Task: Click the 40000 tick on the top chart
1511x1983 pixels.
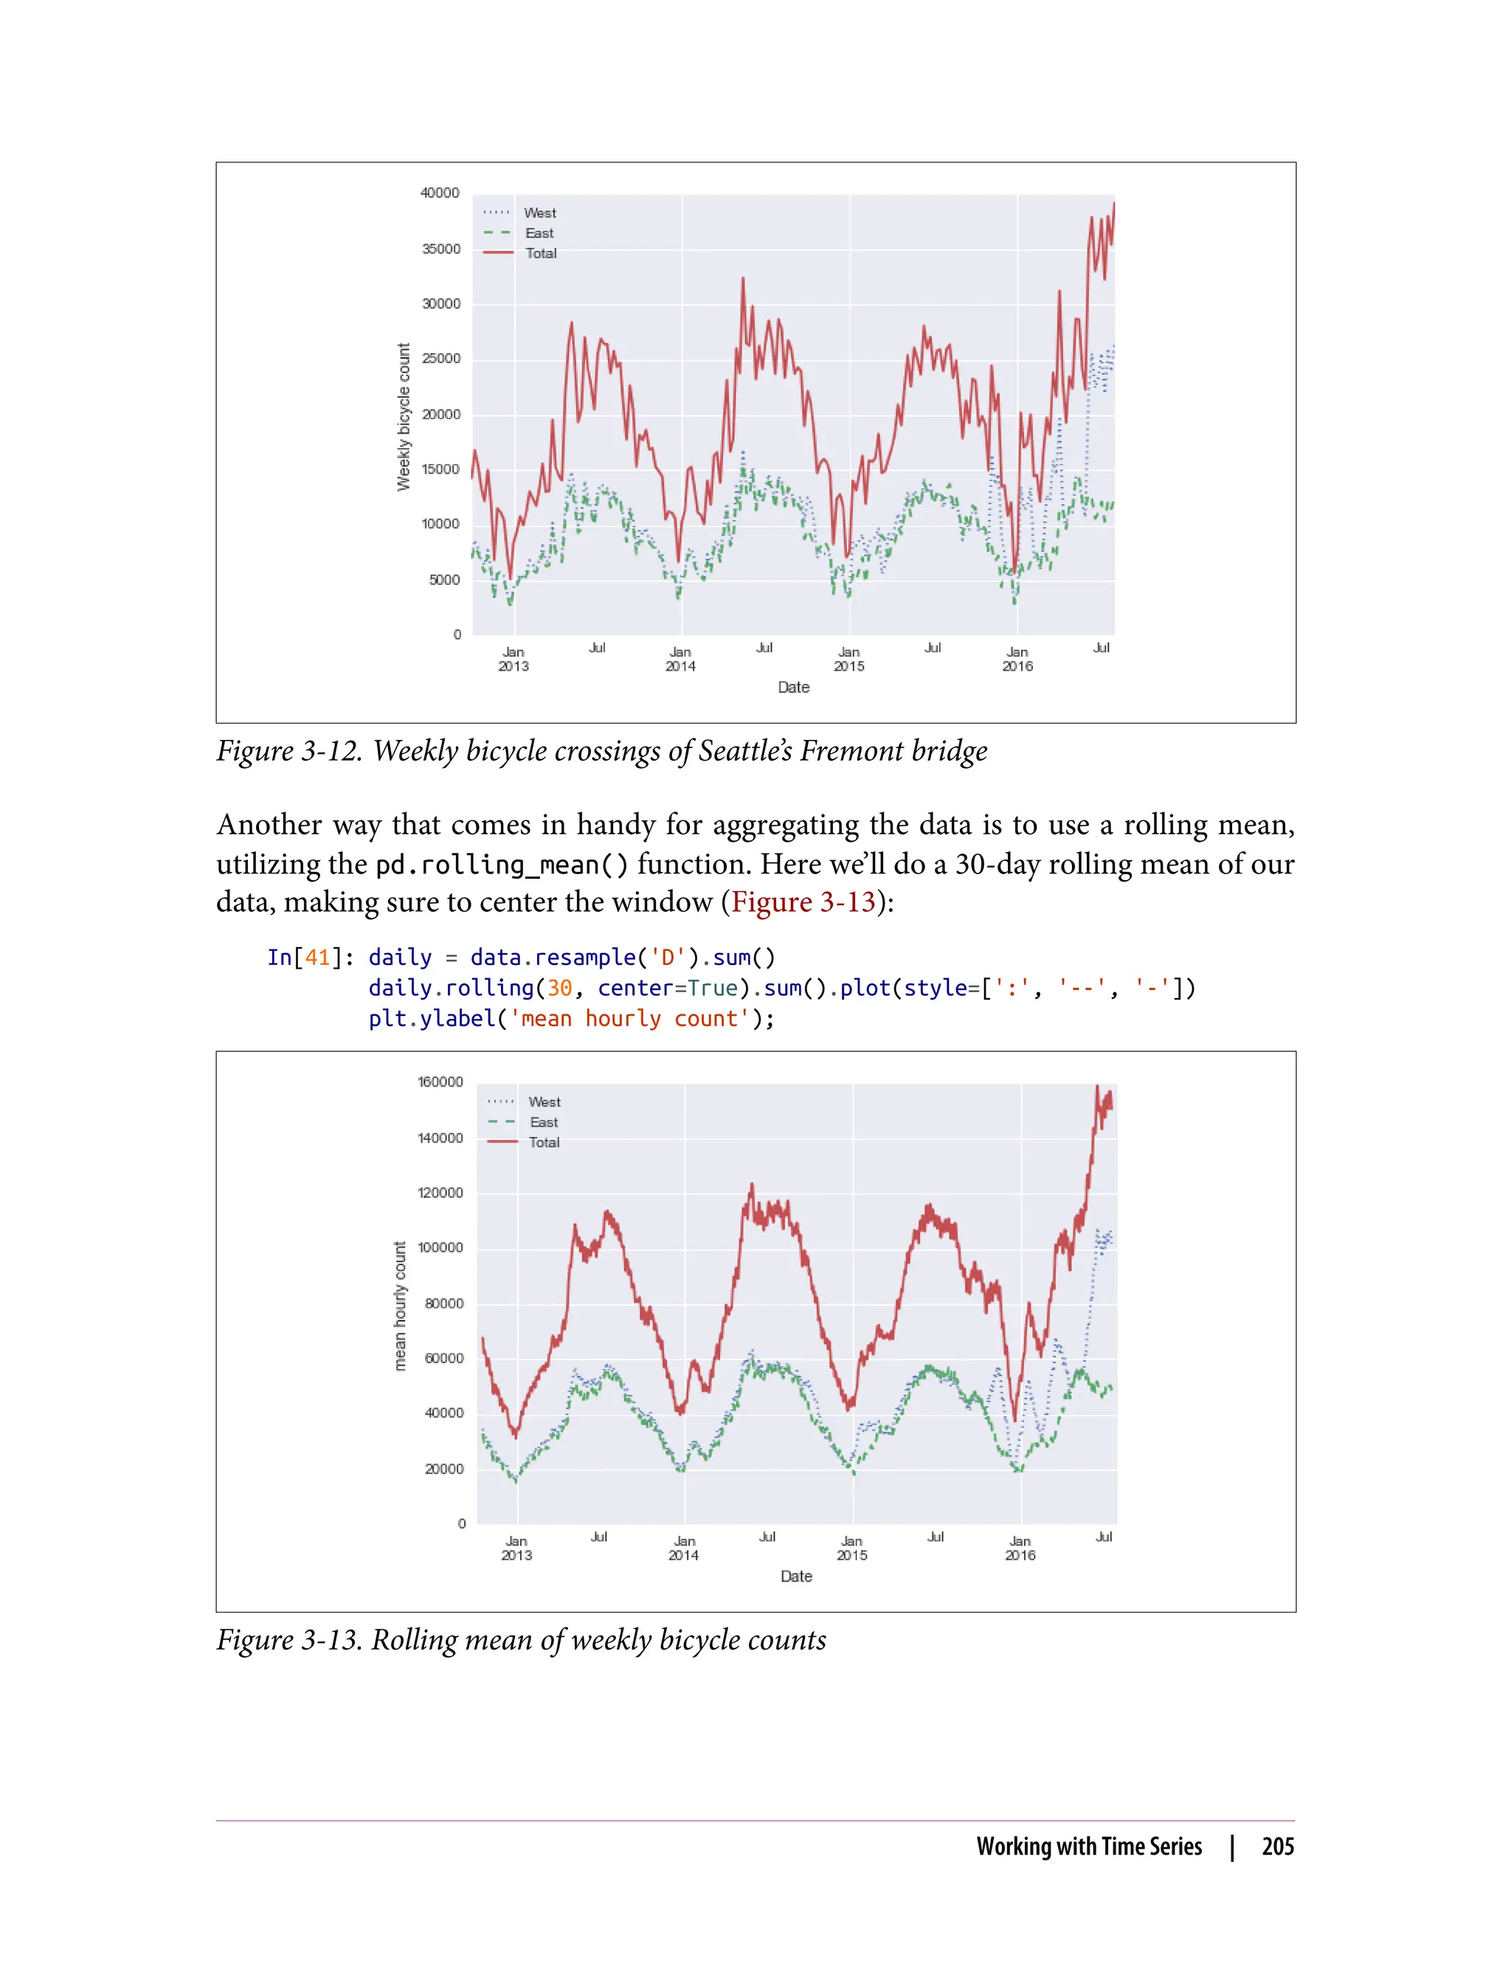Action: click(x=439, y=193)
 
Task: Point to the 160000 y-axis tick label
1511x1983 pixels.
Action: click(x=440, y=1082)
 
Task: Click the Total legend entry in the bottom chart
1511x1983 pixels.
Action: click(x=543, y=1142)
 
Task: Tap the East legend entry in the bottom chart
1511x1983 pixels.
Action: click(x=543, y=1122)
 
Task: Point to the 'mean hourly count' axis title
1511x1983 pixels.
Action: click(x=400, y=1306)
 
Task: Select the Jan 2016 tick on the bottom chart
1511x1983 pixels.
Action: click(x=1020, y=1548)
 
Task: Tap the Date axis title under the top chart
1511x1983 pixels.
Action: click(x=793, y=687)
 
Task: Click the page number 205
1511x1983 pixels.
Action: click(x=1277, y=1847)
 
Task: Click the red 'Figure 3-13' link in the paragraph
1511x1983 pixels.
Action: click(x=803, y=902)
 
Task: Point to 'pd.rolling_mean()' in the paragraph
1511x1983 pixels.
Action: click(x=502, y=865)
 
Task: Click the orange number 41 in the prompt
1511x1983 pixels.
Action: click(x=317, y=958)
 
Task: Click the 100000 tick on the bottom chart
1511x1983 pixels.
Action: click(x=440, y=1247)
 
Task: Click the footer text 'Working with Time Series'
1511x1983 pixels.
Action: click(x=1088, y=1847)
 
